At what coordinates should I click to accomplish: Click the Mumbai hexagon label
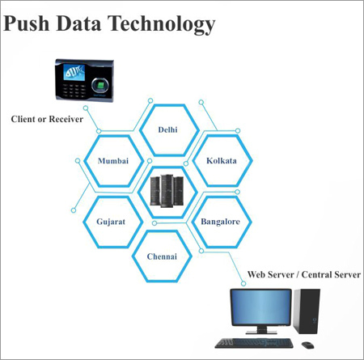(x=112, y=161)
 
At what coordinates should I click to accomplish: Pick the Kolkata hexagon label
(x=221, y=161)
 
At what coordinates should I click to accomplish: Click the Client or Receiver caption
(x=47, y=120)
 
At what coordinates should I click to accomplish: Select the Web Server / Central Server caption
(x=303, y=275)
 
